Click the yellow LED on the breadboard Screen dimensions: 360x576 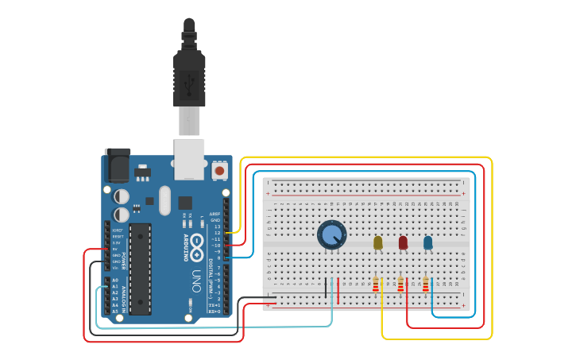[x=377, y=242]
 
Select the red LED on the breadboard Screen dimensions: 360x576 [x=403, y=242]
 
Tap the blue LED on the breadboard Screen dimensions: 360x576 [x=428, y=242]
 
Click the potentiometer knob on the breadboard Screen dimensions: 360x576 [x=331, y=234]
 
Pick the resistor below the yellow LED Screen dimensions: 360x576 [x=376, y=285]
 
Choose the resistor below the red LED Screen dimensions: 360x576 [x=401, y=285]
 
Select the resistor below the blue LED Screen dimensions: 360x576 [x=426, y=285]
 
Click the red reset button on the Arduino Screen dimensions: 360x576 [x=219, y=170]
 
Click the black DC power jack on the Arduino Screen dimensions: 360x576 [x=117, y=167]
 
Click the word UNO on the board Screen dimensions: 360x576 [x=196, y=281]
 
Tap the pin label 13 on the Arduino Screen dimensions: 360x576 [x=217, y=227]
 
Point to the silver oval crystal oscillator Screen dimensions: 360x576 [x=164, y=200]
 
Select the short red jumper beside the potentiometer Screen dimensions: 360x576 [x=338, y=289]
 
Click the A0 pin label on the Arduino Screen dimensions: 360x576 [x=114, y=281]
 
